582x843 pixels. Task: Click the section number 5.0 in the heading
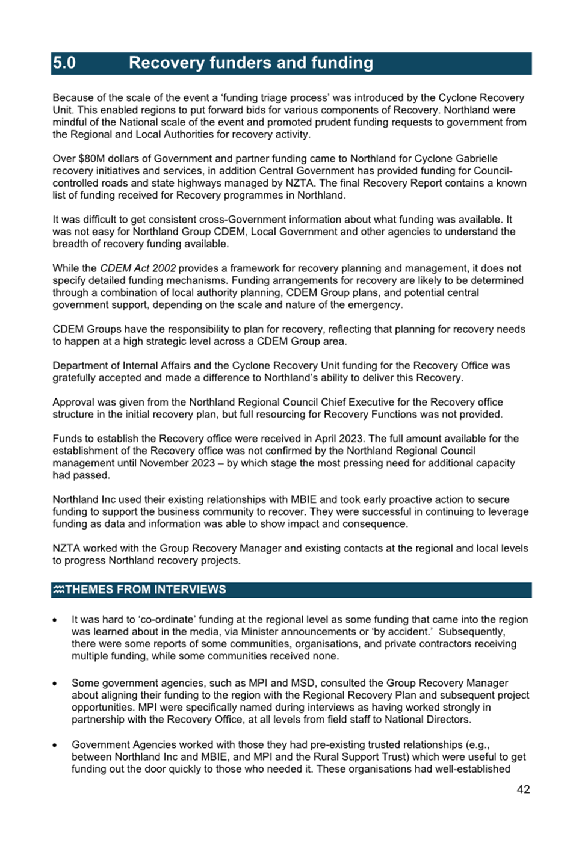64,63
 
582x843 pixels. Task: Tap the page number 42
523,789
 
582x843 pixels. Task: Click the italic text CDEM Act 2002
138,268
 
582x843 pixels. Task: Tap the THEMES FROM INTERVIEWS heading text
146,590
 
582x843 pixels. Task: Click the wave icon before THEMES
58,590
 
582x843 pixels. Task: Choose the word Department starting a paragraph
79,366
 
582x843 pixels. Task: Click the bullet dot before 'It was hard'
55,620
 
